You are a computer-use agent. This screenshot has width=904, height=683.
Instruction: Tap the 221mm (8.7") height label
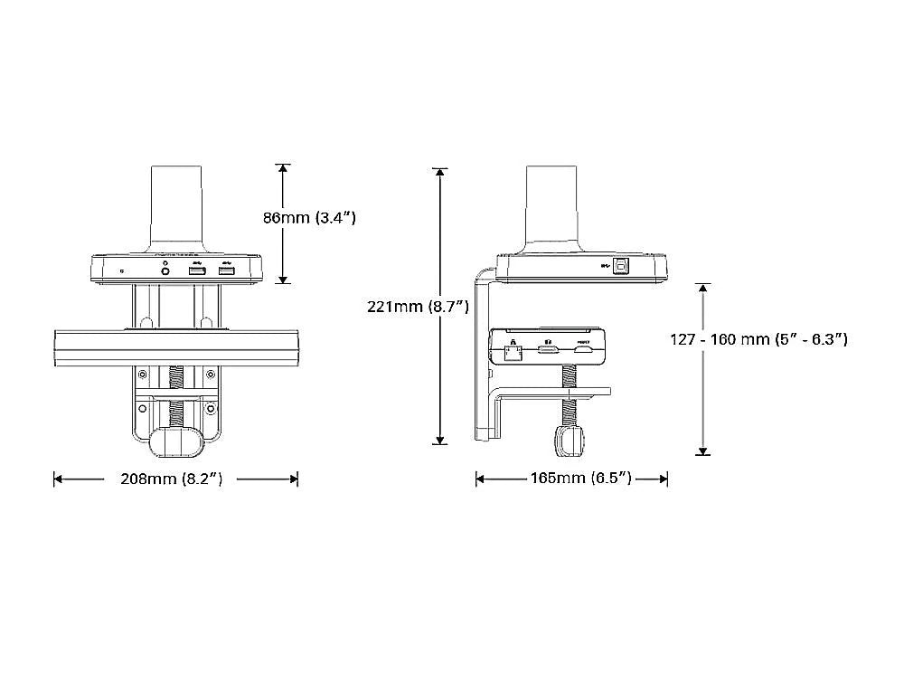click(417, 307)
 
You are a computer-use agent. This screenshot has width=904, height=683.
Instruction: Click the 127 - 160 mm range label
click(758, 339)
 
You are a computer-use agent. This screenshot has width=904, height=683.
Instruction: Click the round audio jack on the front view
click(165, 269)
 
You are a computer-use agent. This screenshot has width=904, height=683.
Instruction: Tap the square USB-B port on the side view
click(623, 266)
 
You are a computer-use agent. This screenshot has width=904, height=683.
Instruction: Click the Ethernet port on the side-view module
click(513, 349)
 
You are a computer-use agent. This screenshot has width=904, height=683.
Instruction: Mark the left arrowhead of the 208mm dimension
click(58, 479)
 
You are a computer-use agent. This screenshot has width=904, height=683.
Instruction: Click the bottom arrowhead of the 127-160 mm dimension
click(702, 450)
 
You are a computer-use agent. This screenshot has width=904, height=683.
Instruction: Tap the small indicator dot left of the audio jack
click(122, 270)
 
